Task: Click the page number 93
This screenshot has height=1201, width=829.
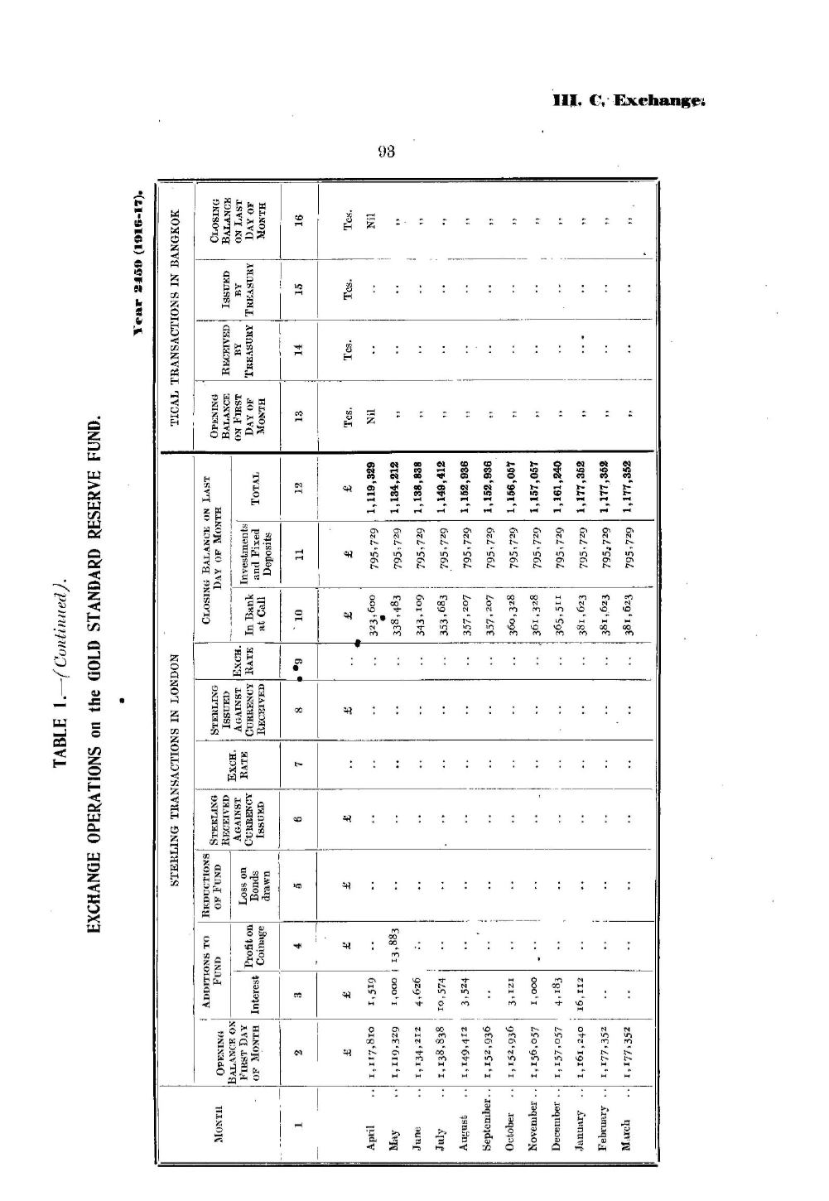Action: coord(386,152)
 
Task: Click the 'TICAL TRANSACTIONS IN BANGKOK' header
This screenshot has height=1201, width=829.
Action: coord(176,316)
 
